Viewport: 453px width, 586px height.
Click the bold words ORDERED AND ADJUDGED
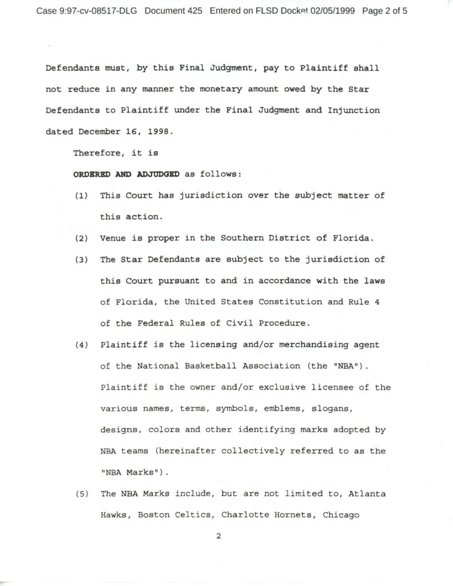pyautogui.click(x=126, y=175)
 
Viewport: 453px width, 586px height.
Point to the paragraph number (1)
pyautogui.click(x=81, y=196)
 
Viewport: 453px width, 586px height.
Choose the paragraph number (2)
pyautogui.click(x=81, y=238)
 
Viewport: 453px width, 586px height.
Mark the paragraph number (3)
pyautogui.click(x=81, y=259)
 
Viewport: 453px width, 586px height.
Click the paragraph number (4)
pyautogui.click(x=81, y=345)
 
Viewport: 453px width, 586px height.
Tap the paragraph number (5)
pyautogui.click(x=81, y=493)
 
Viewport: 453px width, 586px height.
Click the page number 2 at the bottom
pyautogui.click(x=218, y=536)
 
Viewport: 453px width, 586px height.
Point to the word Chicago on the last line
pyautogui.click(x=341, y=514)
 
